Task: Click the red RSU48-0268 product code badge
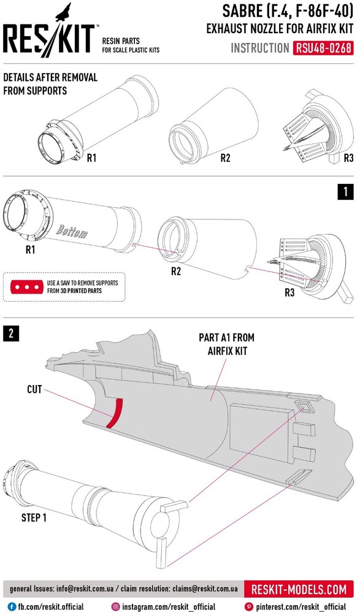point(323,48)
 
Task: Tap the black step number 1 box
point(345,192)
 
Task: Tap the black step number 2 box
point(11,333)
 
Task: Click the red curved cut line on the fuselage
point(115,413)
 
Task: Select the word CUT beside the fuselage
point(34,389)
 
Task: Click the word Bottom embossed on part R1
point(72,232)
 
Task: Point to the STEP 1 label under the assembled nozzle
point(34,518)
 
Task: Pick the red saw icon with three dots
point(26,287)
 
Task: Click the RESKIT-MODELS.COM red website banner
point(299,590)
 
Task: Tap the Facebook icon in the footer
point(12,607)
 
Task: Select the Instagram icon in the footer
point(115,607)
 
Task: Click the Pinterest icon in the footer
point(248,607)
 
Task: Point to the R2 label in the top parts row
point(226,158)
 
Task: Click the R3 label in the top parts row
point(348,158)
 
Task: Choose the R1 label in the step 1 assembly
point(31,250)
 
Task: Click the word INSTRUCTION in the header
point(260,48)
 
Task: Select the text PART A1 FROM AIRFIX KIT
point(226,344)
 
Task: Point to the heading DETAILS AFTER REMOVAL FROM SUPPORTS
point(50,84)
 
